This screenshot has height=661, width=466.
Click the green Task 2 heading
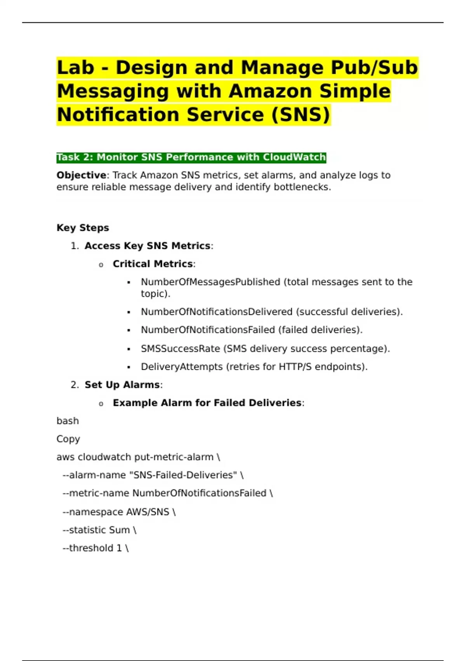pos(191,157)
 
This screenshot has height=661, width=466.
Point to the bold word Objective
pos(81,175)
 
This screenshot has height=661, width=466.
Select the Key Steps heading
pos(83,228)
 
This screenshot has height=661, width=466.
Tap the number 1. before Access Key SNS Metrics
pos(75,246)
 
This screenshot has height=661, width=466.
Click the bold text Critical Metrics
pos(153,264)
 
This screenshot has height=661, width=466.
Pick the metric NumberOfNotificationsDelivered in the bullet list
pos(216,312)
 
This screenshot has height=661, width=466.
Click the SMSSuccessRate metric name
pos(180,349)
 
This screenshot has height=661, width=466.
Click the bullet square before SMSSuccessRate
pos(129,349)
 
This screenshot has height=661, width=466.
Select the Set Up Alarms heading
pos(122,385)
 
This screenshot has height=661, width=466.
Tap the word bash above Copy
pos(68,421)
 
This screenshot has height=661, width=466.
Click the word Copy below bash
pos(68,439)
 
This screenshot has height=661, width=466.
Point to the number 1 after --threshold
pos(119,548)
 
